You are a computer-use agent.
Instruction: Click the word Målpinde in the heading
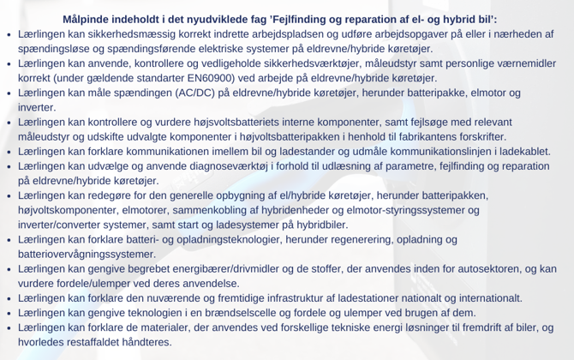point(88,18)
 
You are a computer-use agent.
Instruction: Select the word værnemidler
point(524,63)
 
